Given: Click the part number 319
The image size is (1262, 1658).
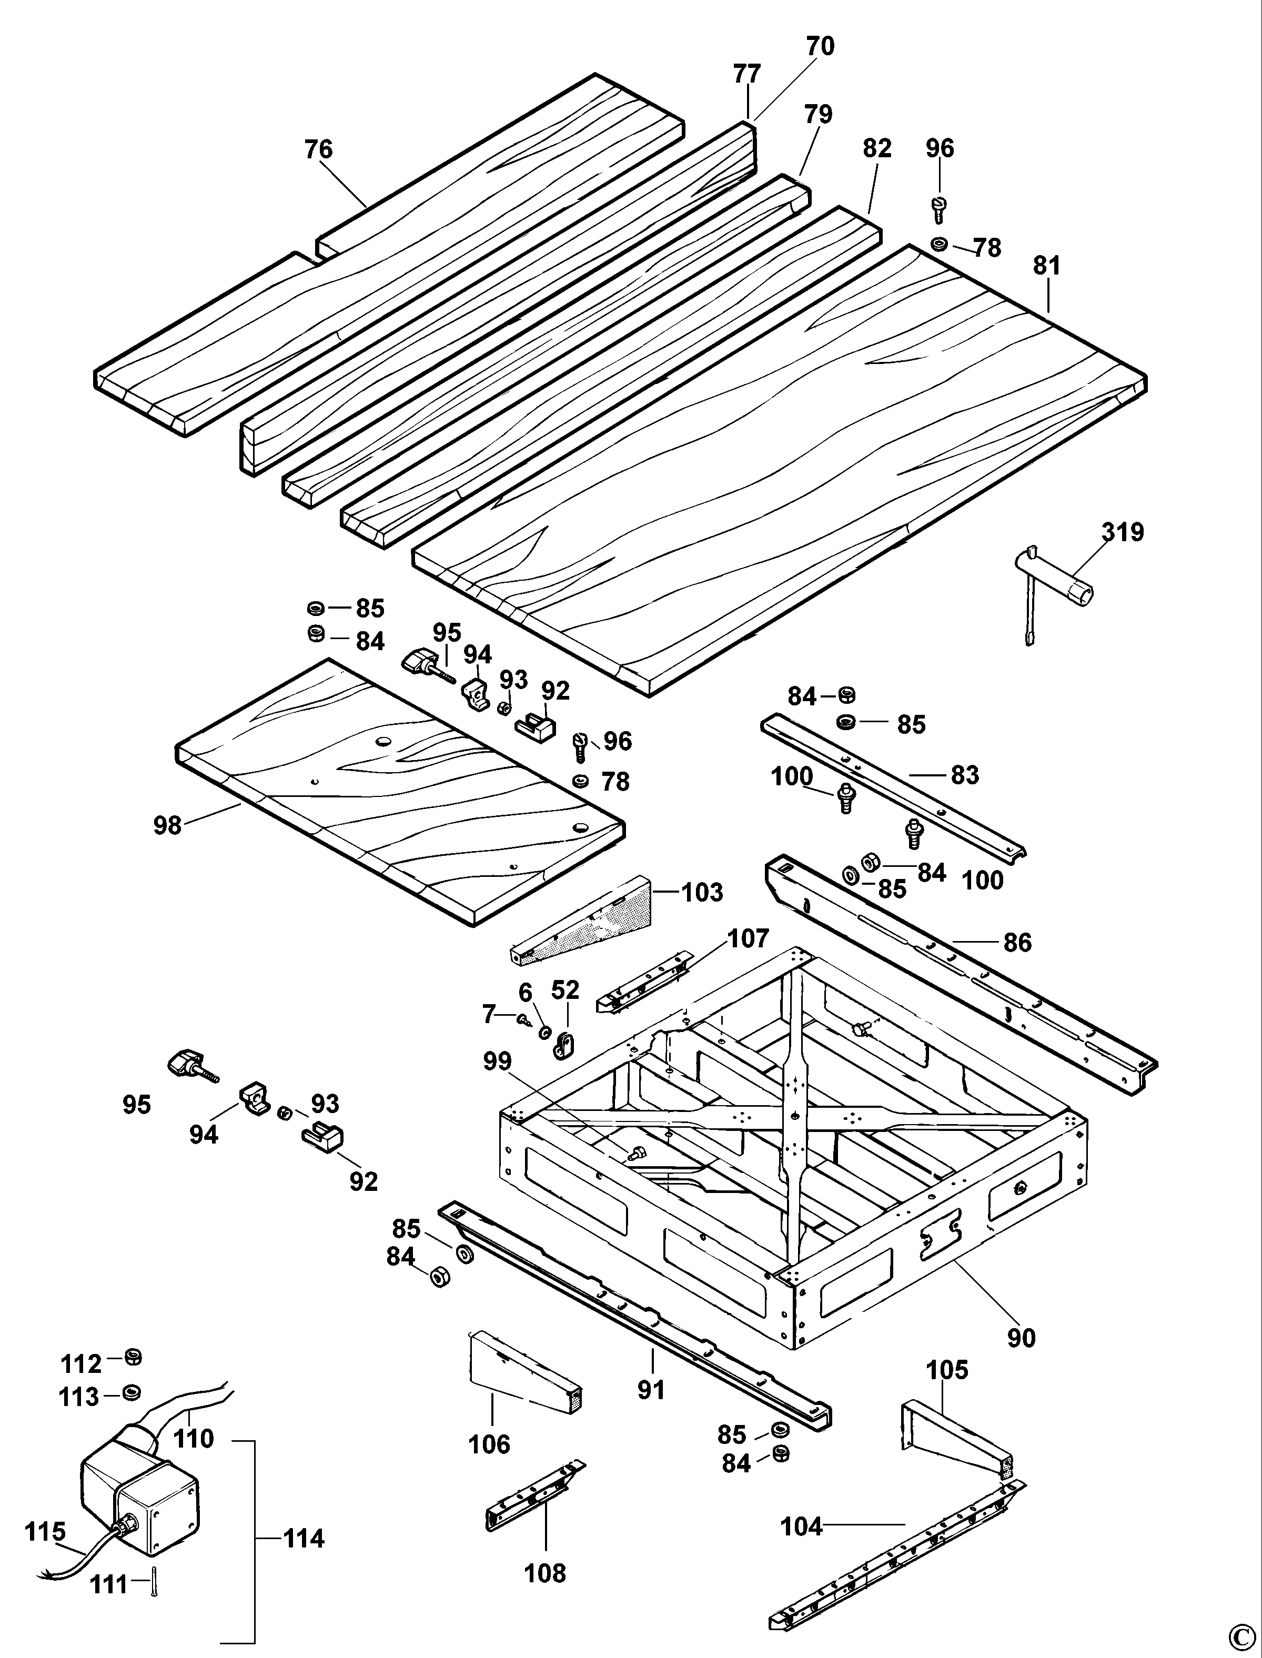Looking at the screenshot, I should (1122, 532).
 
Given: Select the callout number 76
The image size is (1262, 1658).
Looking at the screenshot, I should (318, 149).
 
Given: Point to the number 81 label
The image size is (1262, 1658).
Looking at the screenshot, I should (1046, 266).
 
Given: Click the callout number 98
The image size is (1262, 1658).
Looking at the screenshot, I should (167, 826).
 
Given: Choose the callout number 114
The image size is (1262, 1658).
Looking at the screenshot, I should (304, 1539).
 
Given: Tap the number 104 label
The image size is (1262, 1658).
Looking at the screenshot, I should (802, 1526).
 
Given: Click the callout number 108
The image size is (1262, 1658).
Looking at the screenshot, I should (544, 1573).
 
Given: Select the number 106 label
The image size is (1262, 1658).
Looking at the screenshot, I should (489, 1444).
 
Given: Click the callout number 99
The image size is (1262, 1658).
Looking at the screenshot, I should (497, 1061).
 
